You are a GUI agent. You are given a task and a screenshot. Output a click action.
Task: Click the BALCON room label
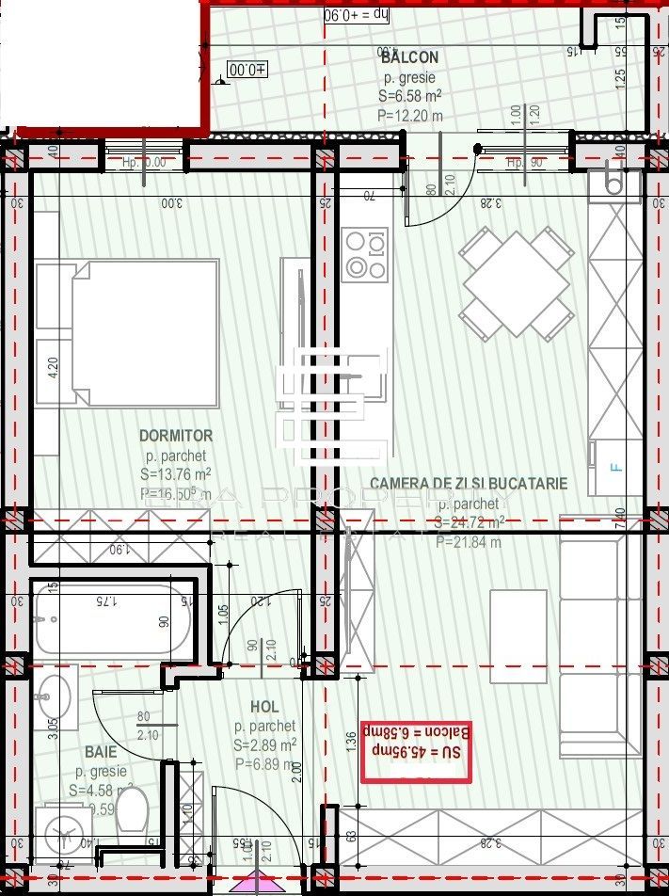click(409, 57)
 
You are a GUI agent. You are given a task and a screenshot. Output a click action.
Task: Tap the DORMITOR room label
click(176, 436)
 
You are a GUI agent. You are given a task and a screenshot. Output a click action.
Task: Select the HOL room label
click(264, 707)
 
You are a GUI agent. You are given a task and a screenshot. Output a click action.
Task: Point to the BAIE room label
click(101, 753)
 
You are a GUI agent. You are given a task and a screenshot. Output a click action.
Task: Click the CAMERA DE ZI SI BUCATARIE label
click(468, 484)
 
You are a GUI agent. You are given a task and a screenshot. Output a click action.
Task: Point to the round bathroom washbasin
click(53, 697)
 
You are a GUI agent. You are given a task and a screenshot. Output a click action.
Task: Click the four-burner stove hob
click(366, 254)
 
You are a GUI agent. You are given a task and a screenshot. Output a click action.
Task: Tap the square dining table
click(517, 282)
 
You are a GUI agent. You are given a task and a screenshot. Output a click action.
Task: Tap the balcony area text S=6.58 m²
click(410, 95)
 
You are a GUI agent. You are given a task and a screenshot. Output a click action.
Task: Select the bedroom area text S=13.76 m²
click(175, 473)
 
